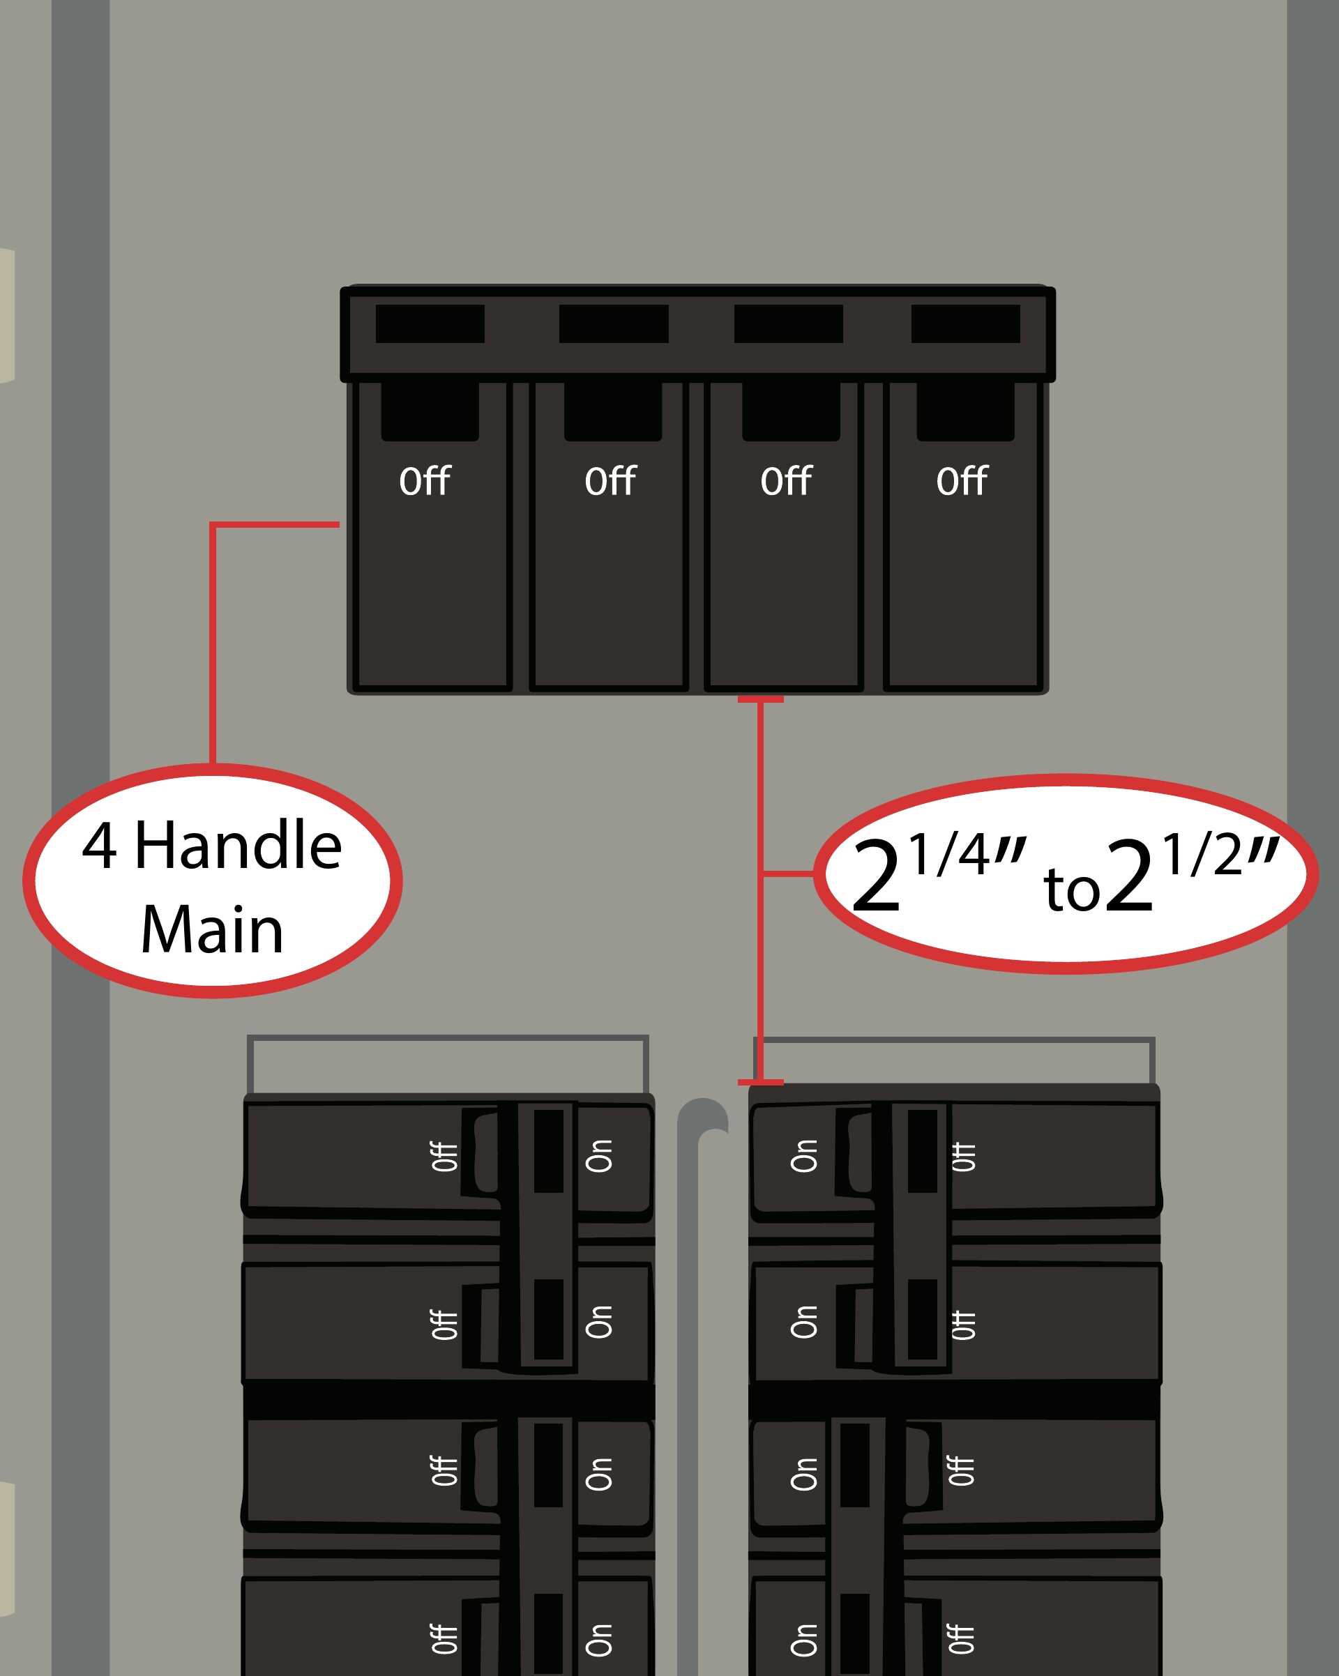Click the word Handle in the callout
tap(238, 846)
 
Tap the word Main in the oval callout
tap(212, 930)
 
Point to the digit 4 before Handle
tap(100, 846)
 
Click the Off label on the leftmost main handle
tap(425, 481)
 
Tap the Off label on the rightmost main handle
tap(962, 481)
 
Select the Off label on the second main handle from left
tap(610, 481)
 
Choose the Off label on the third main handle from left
tap(786, 481)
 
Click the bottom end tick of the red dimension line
tap(759, 1082)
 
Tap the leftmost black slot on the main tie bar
tap(430, 323)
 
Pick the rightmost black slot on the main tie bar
tap(965, 323)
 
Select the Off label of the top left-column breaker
tap(445, 1157)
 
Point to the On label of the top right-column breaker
tap(804, 1157)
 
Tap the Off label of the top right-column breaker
tap(963, 1157)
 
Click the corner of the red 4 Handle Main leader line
tap(212, 525)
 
